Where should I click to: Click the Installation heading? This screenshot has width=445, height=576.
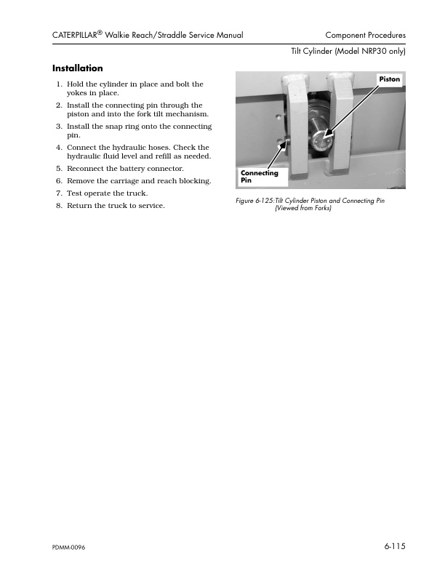pos(78,68)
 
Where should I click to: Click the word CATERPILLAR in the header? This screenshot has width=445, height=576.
pos(80,35)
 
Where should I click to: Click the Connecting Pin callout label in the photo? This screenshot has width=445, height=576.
pos(259,177)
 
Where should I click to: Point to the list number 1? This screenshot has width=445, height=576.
pos(60,85)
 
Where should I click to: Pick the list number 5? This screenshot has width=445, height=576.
pos(60,169)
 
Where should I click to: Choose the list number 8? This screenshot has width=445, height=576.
pos(60,206)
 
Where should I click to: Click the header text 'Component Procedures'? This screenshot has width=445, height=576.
pos(365,35)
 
